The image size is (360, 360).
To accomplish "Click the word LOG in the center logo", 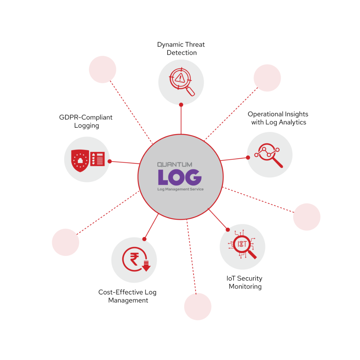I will point(180,177).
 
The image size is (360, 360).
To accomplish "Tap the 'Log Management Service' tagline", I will point(180,189).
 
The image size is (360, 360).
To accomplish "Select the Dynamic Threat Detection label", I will point(181,49).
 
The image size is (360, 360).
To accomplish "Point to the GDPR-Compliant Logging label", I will point(86,121).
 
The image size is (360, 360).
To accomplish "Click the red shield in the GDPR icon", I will point(80,160).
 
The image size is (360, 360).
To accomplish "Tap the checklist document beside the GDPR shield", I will point(98,159).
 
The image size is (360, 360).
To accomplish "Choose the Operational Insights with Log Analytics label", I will point(278,118).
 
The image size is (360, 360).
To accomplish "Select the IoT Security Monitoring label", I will point(245,282).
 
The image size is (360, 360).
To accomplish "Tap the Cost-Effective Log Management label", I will point(128,296).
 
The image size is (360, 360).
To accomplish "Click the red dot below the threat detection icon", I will point(181,105).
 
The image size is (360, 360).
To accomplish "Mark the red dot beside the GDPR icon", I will point(110,161).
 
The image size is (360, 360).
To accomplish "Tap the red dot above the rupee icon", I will point(144,239).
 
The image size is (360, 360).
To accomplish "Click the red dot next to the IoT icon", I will point(228,230).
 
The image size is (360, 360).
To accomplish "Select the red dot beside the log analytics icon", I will point(248,157).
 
